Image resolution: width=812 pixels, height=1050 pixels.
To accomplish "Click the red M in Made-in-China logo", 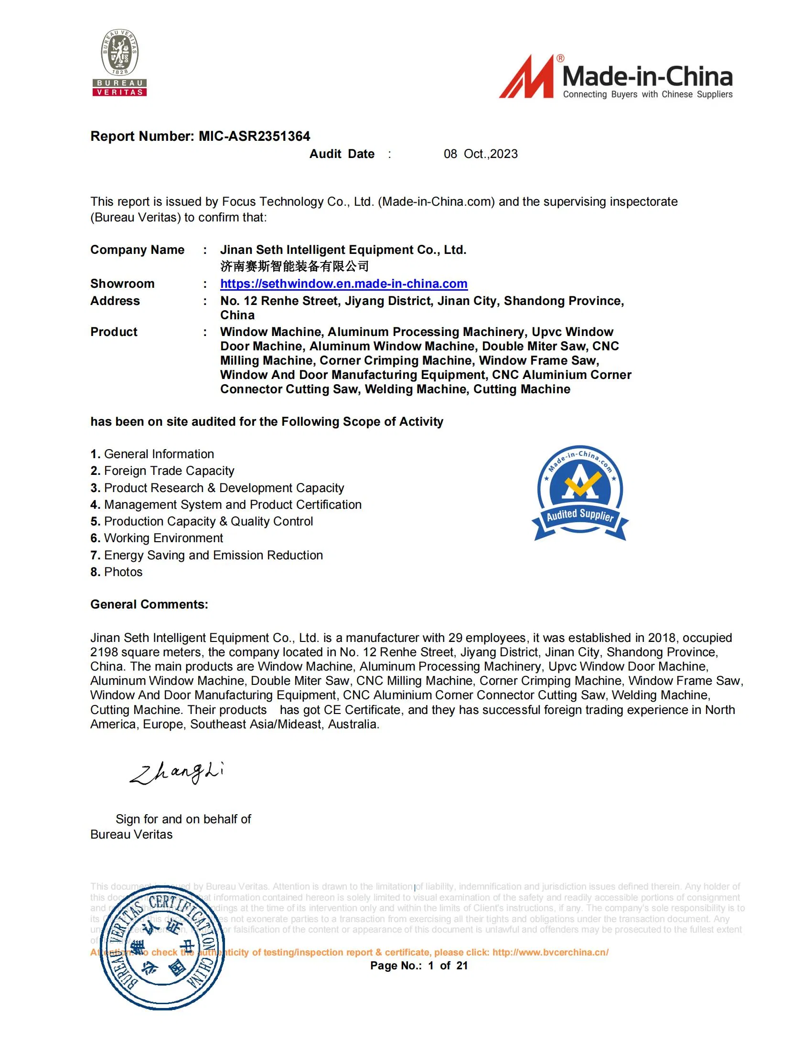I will pos(528,78).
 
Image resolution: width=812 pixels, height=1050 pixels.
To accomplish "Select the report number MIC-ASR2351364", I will pos(254,136).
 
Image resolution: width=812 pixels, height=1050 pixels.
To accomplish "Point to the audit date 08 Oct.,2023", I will pos(480,154).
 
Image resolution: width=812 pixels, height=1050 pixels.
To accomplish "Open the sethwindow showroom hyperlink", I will pos(343,283).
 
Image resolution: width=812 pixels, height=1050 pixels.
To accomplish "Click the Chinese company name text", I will pos(294,266).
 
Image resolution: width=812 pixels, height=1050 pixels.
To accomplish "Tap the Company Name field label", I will pos(137,250).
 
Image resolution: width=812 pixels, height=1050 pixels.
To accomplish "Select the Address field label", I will pos(115,301).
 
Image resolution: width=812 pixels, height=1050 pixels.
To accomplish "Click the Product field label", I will pos(114,332).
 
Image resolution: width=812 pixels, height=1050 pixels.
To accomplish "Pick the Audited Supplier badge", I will pos(580,494).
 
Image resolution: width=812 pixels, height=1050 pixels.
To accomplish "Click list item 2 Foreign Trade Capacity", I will pos(162,471).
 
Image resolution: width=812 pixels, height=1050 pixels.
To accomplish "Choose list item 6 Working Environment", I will pos(157,538).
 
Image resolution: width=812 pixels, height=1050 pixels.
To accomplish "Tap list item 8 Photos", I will pos(117,572).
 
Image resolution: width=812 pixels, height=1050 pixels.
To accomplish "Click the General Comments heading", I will pos(149,604).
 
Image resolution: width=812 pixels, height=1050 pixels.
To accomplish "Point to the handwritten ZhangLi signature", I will pos(177,772).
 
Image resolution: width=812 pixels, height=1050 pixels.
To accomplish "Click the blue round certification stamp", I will pos(162,947).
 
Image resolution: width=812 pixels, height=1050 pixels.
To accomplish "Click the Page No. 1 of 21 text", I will pos(418,966).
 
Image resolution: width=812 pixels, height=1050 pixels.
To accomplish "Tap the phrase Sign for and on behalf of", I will pos(183,819).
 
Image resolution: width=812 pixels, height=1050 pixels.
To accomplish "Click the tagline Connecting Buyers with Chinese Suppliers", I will pos(647,94).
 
